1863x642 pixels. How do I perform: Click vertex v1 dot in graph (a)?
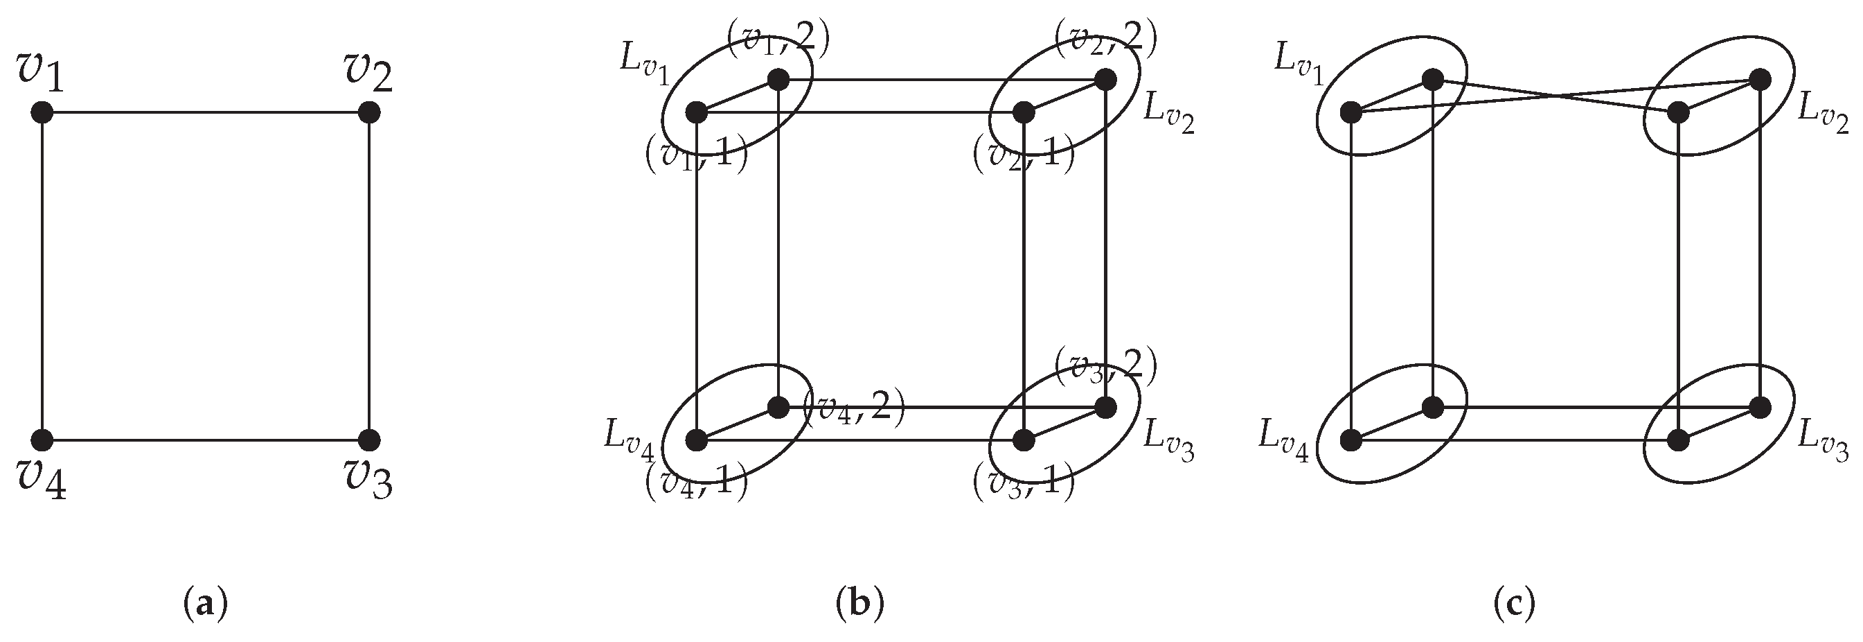coord(43,112)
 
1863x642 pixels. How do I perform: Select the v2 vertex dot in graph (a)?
coord(369,112)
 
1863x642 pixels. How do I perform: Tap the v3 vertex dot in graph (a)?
coord(369,440)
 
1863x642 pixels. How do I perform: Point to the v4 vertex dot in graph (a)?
coord(43,440)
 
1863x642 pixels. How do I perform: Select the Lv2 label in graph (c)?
coord(1823,116)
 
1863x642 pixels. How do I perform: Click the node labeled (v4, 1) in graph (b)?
coord(697,440)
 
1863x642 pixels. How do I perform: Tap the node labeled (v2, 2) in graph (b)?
coord(1105,80)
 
